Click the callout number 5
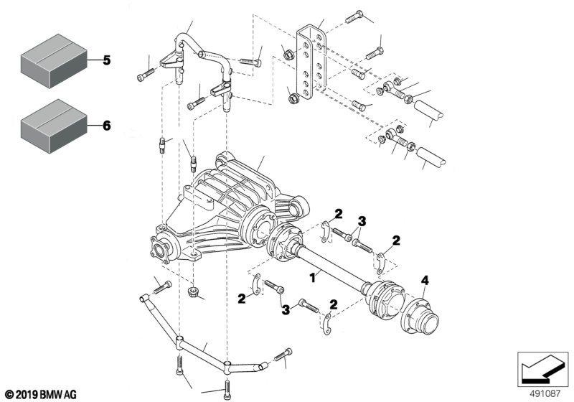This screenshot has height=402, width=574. (106, 60)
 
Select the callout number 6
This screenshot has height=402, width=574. (106, 125)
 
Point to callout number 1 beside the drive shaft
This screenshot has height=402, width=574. (311, 276)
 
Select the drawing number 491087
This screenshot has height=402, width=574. (545, 393)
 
